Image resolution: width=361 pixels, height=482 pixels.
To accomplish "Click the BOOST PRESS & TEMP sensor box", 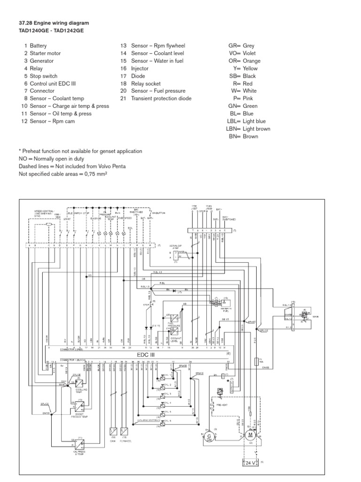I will click(76, 405).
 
